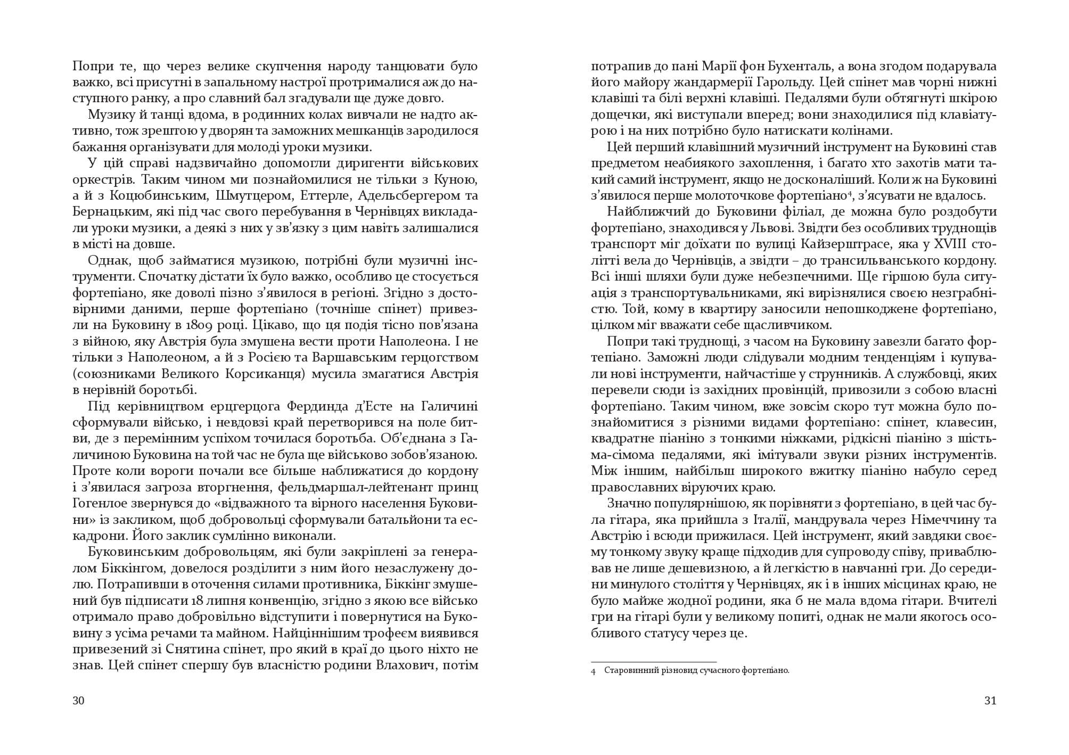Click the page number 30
click(78, 701)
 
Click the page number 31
click(990, 701)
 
